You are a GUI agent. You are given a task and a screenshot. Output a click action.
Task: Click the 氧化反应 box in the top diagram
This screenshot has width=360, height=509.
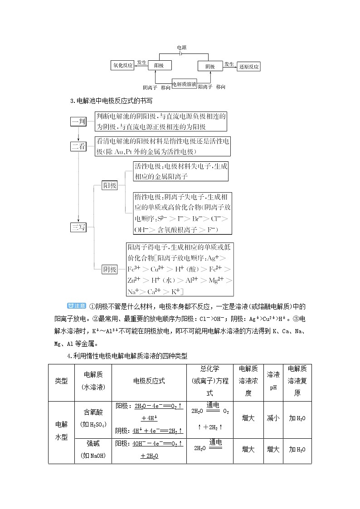pyautogui.click(x=123, y=66)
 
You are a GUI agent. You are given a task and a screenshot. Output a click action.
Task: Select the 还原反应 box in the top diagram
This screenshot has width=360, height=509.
pyautogui.click(x=249, y=67)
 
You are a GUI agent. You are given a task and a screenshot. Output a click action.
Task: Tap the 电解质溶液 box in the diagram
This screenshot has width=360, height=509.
pyautogui.click(x=185, y=84)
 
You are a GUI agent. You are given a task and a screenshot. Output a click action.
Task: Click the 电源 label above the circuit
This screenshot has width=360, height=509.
pyautogui.click(x=181, y=47)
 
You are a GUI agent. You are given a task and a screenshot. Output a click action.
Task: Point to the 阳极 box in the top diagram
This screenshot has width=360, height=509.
pyautogui.click(x=162, y=66)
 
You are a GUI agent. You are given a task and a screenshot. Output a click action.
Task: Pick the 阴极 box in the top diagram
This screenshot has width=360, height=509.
pyautogui.click(x=210, y=66)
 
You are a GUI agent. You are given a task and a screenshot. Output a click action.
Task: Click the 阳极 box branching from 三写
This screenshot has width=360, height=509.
pyautogui.click(x=109, y=185)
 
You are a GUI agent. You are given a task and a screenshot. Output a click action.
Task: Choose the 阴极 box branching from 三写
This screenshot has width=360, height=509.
pyautogui.click(x=109, y=269)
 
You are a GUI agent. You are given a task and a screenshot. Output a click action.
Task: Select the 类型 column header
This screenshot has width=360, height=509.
pyautogui.click(x=61, y=381)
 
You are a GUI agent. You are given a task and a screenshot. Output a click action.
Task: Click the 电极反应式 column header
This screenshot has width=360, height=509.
pyautogui.click(x=149, y=381)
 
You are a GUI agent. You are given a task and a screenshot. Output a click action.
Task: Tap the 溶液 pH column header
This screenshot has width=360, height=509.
pyautogui.click(x=273, y=381)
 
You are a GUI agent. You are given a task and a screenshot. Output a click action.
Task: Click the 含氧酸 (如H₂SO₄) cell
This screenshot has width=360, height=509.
pyautogui.click(x=93, y=418)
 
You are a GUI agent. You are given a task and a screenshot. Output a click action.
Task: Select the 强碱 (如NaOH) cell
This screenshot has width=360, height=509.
pyautogui.click(x=93, y=450)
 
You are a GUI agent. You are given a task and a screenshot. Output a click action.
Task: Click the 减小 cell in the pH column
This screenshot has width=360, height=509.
pyautogui.click(x=273, y=418)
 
